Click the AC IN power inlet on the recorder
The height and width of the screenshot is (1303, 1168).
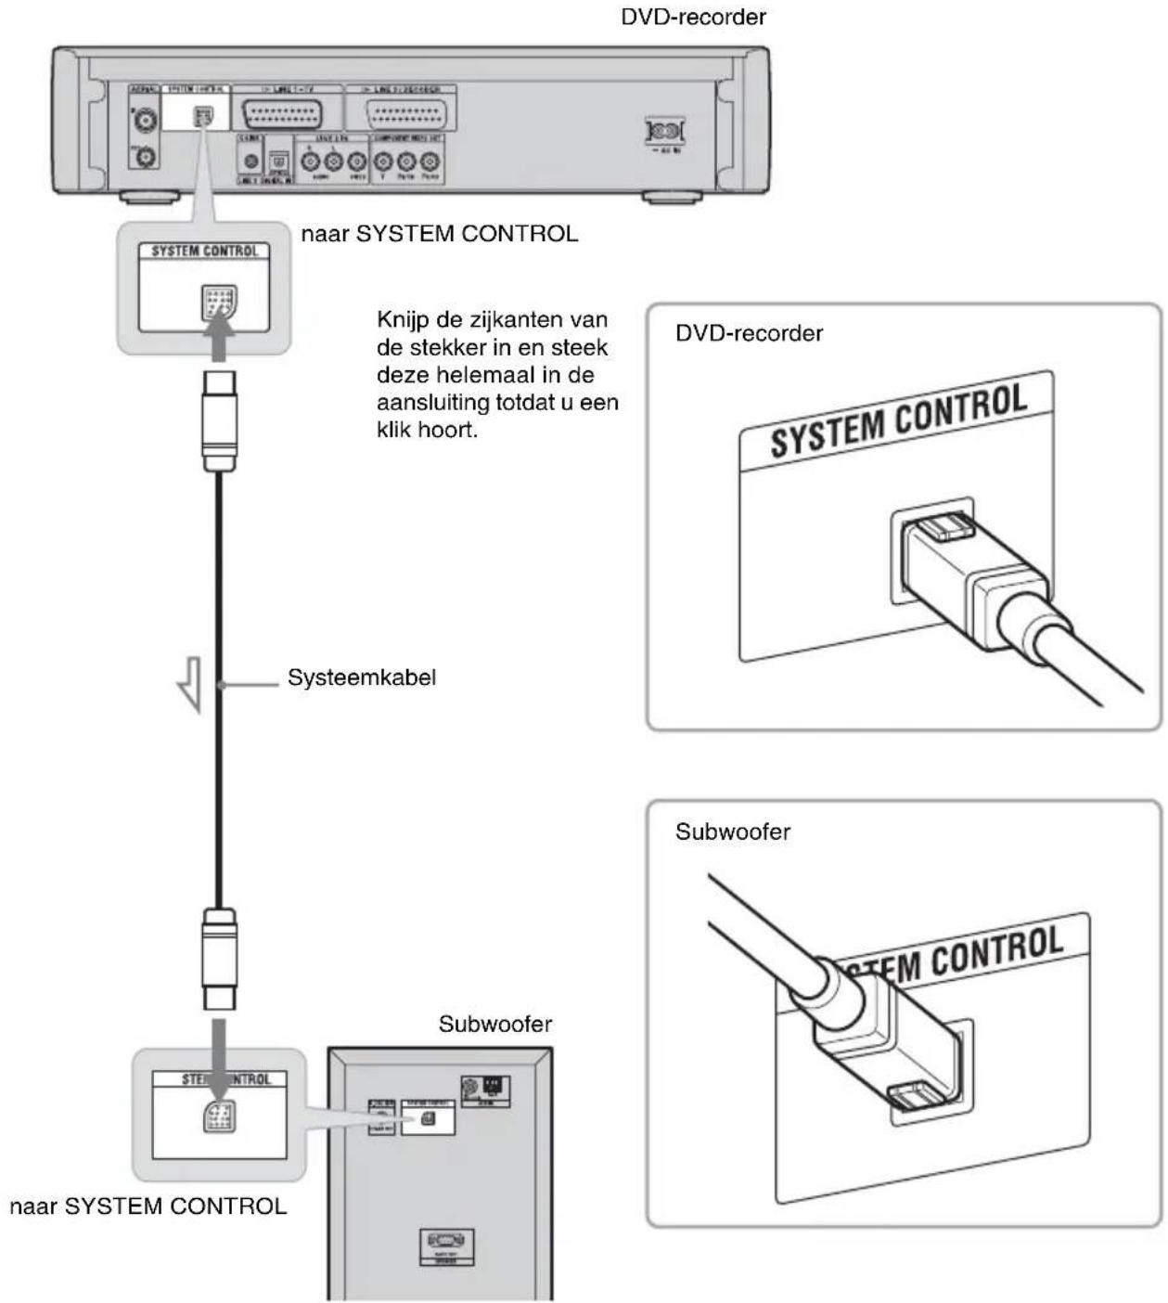(x=665, y=131)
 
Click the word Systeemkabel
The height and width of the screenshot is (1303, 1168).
(x=361, y=677)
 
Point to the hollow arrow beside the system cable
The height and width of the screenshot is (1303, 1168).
(x=190, y=683)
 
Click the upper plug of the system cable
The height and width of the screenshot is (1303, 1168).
(x=220, y=419)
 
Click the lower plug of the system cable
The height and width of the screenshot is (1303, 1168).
(x=220, y=959)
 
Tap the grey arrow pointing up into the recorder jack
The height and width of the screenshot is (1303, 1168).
(x=220, y=338)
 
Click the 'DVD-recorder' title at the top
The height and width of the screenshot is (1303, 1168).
(x=693, y=17)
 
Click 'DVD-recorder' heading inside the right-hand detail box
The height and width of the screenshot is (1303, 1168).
(x=749, y=333)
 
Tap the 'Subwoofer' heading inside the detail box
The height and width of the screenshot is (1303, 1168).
(x=733, y=832)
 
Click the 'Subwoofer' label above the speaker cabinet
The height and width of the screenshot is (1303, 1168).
(x=494, y=1024)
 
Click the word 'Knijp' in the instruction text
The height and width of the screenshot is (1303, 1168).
(x=404, y=319)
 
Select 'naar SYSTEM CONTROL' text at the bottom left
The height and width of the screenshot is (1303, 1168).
(x=148, y=1206)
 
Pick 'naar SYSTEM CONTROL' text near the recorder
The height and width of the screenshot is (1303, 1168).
(x=439, y=233)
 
